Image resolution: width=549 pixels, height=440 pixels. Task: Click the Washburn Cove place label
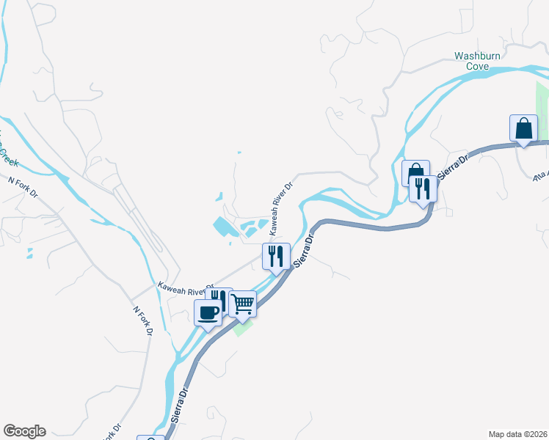coord(476,60)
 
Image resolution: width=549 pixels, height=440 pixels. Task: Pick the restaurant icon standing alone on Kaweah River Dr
coord(276,256)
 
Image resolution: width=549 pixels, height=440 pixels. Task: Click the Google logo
coord(24,431)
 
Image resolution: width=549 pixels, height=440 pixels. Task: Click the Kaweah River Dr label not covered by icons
coord(280,208)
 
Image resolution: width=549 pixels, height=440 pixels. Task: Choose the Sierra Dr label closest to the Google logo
coord(181,406)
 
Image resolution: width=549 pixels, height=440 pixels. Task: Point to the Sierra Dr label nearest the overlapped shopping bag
coord(451,168)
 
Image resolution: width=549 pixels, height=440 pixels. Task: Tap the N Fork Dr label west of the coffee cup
coord(142,320)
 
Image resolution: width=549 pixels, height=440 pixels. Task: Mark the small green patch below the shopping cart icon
coord(244,327)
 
